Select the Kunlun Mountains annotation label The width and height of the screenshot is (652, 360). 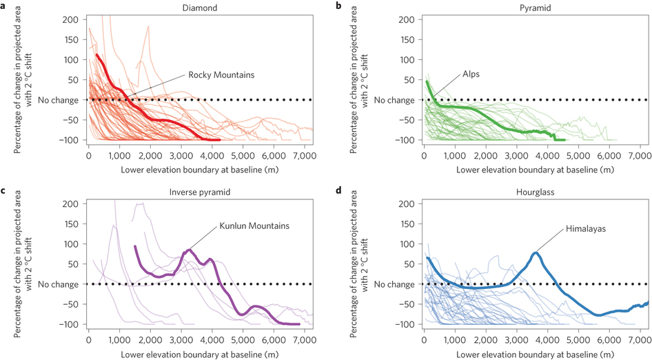click(252, 226)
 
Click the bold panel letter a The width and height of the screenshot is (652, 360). click(3, 5)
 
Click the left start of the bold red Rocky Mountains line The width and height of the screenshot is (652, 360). click(97, 54)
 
